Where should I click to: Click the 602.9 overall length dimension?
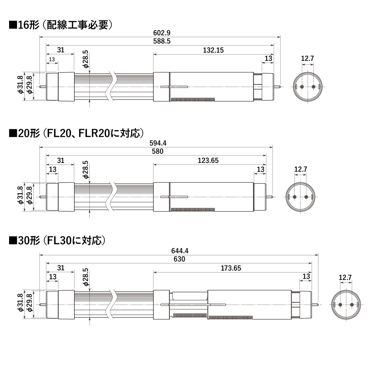162,33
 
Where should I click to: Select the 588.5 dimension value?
162,41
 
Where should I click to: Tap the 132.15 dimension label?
213,50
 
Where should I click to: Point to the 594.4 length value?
158,143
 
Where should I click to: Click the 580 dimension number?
158,151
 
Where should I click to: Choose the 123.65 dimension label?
208,161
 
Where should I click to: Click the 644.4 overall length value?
180,251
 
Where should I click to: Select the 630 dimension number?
179,259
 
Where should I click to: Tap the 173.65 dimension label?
231,268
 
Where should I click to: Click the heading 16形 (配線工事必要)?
61,25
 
